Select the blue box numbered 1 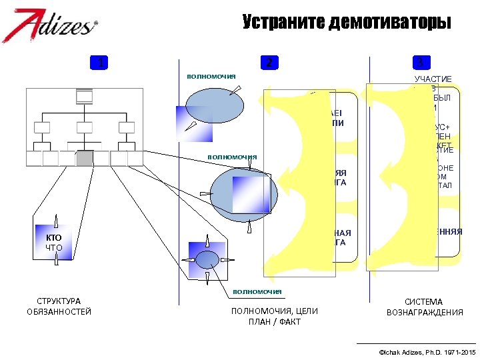pos(100,63)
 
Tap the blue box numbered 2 pos(268,63)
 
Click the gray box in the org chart pos(85,159)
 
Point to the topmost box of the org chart pos(85,97)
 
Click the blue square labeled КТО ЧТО pos(56,241)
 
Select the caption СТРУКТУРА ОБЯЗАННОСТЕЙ pos(59,307)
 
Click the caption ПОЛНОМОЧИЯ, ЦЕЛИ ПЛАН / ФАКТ pos(274,317)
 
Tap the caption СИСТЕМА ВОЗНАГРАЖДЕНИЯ pos(425,307)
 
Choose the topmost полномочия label pos(211,76)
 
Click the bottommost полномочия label pos(257,291)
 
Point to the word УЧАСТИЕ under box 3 pos(433,79)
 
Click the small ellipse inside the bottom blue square pos(208,259)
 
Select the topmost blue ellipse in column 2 pos(211,105)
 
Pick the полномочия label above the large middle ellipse pos(232,157)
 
